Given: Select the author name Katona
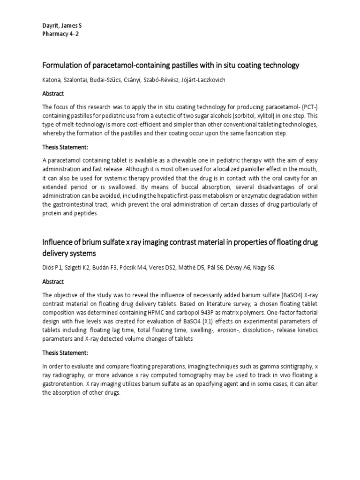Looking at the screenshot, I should [52, 80].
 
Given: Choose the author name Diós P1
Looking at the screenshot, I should [52, 267].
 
